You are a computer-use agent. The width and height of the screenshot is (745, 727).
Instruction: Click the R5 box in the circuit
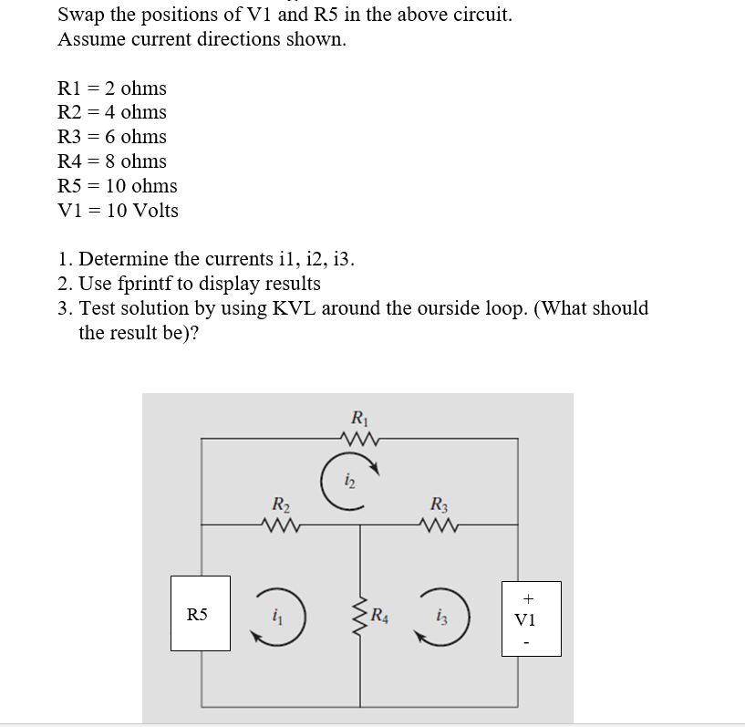201,613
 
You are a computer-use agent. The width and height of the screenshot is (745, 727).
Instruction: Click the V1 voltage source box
531,618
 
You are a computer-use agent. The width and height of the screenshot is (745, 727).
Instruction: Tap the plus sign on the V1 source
530,598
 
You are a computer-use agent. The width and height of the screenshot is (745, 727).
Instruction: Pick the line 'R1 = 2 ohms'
111,88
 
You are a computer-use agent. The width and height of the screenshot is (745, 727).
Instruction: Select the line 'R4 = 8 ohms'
111,161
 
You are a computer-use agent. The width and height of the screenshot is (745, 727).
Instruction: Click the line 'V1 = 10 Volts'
118,211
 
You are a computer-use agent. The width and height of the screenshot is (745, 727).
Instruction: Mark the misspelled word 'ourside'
502,308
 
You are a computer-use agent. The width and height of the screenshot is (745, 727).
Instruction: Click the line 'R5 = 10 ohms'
117,186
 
